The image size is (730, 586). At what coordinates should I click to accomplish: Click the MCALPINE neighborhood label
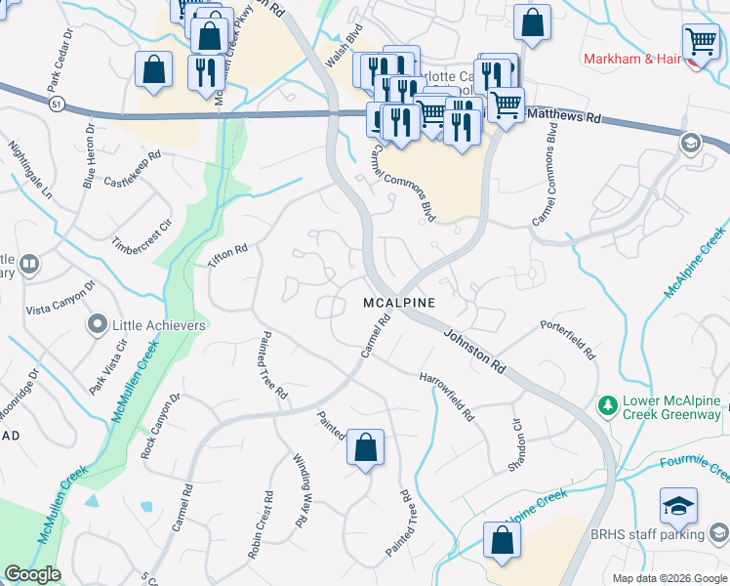(398, 304)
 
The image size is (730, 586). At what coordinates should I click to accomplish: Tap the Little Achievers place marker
(97, 324)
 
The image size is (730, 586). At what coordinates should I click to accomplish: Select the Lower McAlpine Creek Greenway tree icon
(607, 403)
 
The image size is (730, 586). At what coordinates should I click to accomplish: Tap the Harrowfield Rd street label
(447, 395)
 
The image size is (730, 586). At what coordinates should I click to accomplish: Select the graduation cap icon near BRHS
(678, 506)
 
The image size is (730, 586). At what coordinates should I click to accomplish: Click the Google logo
(32, 574)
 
